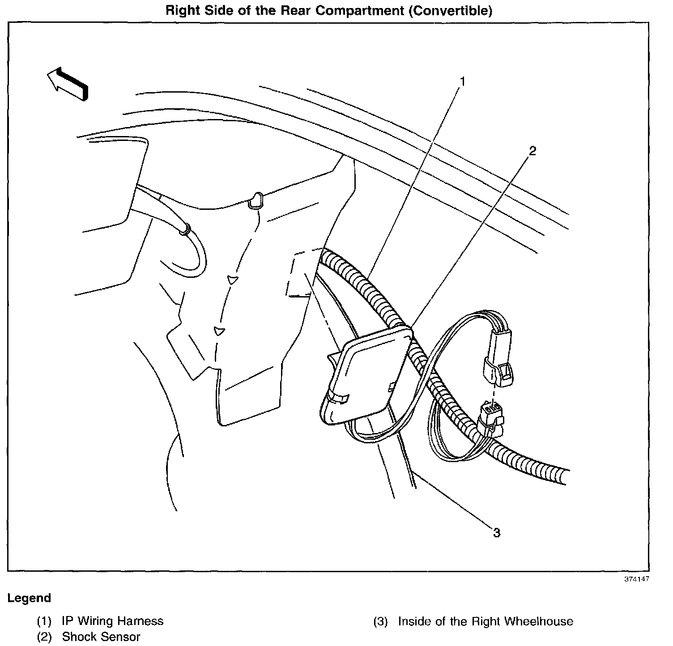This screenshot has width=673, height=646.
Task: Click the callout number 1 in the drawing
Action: click(463, 81)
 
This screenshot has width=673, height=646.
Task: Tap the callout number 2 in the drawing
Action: click(532, 151)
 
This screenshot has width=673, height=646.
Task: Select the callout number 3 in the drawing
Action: click(497, 532)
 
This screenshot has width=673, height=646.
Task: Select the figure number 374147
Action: click(637, 579)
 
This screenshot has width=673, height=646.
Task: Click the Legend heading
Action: click(29, 598)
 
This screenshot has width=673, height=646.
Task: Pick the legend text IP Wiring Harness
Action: click(113, 621)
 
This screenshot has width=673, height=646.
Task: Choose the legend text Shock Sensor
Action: click(101, 637)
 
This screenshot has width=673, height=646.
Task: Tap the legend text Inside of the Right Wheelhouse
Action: click(486, 621)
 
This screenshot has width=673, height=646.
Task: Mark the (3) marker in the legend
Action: click(380, 621)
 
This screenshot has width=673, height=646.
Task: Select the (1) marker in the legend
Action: click(44, 621)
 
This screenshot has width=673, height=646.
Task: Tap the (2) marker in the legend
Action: click(44, 637)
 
